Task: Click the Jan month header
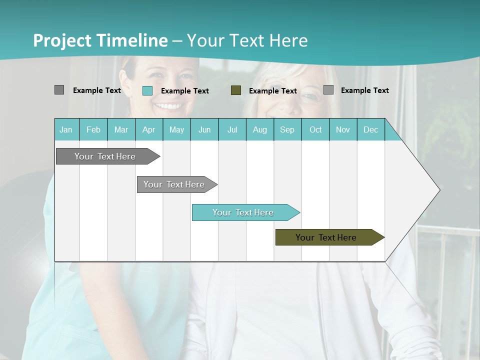coord(66,129)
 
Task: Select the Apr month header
coord(148,129)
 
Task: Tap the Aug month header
coord(259,129)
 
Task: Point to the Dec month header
coord(370,129)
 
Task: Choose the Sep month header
coord(287,129)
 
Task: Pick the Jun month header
coord(204,129)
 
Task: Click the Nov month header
coord(342,129)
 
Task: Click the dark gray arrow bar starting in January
coord(105,156)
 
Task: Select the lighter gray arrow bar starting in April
coord(174,184)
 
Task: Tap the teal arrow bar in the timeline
coord(243,212)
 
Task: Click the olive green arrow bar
coord(326,237)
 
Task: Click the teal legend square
coord(147,90)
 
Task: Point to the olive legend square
coord(236,90)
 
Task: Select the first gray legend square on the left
coord(59,90)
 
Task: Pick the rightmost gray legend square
coord(328,90)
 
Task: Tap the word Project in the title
coord(62,40)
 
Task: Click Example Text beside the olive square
coord(272,90)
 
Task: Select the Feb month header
coord(93,129)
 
